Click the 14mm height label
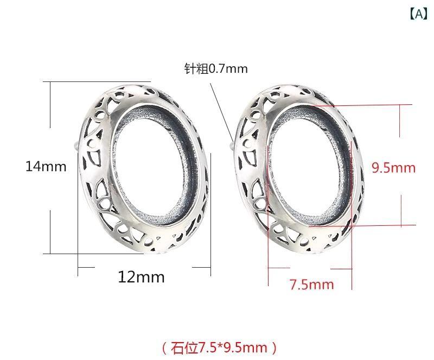(46, 167)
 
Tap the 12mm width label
(141, 277)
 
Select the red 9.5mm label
(393, 168)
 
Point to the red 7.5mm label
(311, 285)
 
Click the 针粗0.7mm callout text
(216, 68)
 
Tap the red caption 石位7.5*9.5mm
(219, 348)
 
